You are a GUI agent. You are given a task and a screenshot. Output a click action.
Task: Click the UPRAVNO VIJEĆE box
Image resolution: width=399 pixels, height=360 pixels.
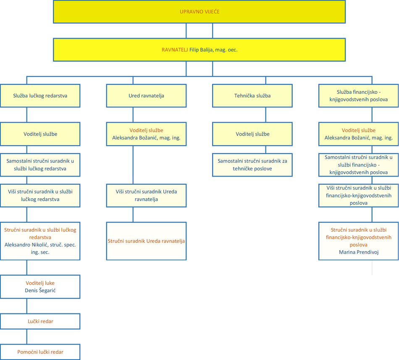tap(199, 12)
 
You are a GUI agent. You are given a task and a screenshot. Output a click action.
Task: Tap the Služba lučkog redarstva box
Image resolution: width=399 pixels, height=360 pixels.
tap(40, 96)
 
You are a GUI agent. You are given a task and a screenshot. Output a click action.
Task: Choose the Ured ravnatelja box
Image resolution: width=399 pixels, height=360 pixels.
tap(146, 96)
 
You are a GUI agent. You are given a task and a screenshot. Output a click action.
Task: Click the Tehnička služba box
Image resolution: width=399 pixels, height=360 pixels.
tap(252, 96)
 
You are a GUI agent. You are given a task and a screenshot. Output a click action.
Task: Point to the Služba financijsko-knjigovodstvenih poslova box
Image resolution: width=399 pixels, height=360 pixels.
tap(359, 96)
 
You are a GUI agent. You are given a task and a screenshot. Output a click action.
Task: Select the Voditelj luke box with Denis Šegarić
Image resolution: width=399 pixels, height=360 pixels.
tap(40, 287)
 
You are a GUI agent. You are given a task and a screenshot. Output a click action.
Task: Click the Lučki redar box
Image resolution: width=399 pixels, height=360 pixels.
tap(40, 321)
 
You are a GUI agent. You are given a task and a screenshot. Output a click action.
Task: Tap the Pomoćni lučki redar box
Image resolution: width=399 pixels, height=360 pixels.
tap(40, 352)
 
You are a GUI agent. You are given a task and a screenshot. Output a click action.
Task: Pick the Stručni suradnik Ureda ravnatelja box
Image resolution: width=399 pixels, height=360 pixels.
tap(146, 241)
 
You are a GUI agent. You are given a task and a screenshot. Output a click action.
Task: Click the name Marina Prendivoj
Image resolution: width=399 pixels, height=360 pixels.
tap(359, 252)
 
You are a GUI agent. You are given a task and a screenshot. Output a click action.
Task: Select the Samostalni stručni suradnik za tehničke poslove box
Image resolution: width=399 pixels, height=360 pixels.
tap(252, 165)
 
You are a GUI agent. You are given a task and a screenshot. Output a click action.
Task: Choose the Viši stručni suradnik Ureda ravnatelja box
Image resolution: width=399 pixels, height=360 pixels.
tap(146, 196)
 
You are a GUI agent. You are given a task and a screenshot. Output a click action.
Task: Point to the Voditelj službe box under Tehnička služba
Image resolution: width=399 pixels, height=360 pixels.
tap(252, 134)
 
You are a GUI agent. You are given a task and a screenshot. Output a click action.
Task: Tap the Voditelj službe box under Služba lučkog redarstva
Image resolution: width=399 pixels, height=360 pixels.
tap(40, 134)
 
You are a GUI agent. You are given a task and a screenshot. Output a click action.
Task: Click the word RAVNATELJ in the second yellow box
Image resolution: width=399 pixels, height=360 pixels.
tap(175, 50)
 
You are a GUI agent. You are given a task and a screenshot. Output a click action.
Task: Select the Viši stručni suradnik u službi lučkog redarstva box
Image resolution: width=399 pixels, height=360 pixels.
tap(40, 196)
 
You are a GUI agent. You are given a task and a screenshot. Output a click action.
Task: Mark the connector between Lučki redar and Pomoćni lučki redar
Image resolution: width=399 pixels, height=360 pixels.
tap(27, 337)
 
